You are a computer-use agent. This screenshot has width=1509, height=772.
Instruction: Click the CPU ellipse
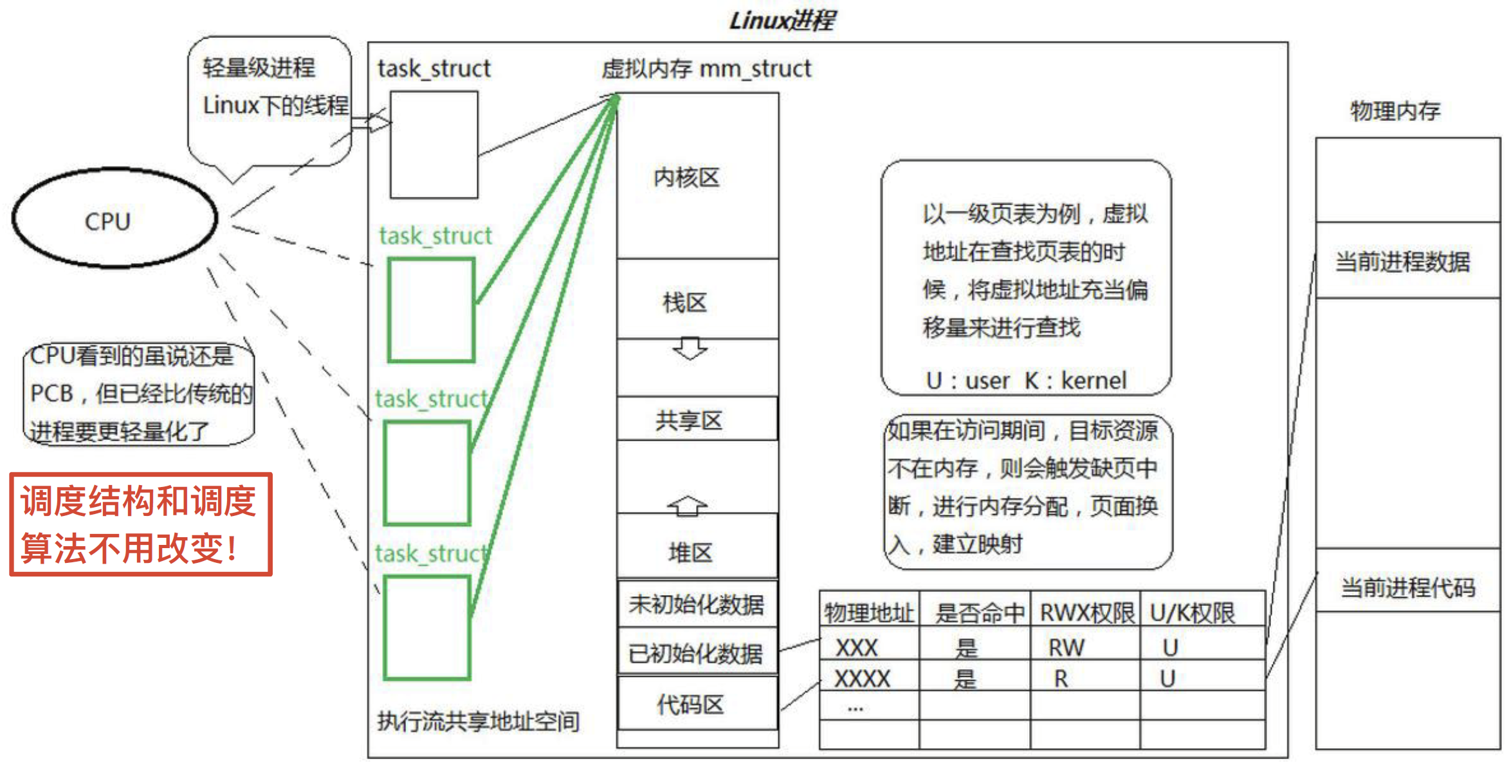[114, 219]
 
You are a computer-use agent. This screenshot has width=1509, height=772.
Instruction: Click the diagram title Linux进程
[782, 21]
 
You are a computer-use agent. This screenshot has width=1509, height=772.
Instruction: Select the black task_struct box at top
[434, 145]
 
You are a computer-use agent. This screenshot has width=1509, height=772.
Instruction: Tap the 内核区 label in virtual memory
[686, 178]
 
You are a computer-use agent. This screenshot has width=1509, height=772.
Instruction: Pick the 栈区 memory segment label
[685, 302]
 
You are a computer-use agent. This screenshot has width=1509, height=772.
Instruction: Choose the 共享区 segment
[689, 420]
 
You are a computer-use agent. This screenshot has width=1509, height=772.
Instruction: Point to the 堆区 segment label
[690, 552]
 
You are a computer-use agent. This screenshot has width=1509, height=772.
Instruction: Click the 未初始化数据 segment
[697, 604]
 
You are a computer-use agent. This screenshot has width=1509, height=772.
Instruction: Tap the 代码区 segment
[690, 704]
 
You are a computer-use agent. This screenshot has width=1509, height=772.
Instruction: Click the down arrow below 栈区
[690, 348]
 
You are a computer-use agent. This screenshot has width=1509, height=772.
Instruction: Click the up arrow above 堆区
[688, 506]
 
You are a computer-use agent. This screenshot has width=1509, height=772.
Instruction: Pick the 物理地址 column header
[869, 612]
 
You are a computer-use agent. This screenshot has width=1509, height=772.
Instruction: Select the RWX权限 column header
[1086, 612]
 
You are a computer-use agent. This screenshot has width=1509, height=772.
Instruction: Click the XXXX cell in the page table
[862, 678]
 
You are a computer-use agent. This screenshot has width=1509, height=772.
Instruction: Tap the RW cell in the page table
[1066, 647]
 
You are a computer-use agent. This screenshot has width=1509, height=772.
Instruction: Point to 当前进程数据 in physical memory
[1403, 262]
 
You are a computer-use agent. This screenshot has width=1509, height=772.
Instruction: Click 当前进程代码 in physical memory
[1407, 587]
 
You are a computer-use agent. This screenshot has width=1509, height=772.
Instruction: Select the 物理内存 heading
[1395, 111]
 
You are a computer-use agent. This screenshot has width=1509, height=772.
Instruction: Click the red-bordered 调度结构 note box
[140, 524]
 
